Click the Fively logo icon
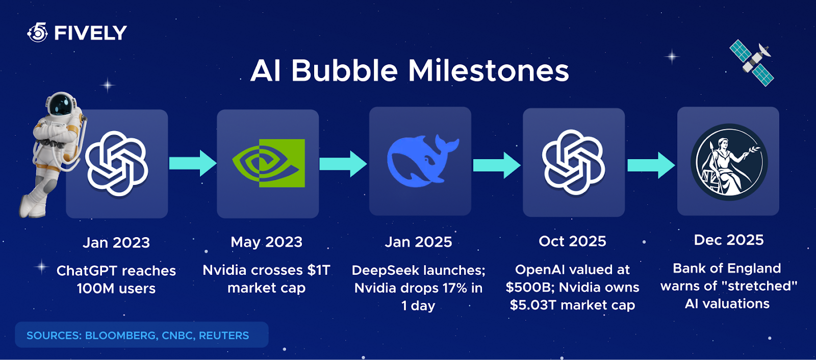point(38,33)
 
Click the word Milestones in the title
point(488,70)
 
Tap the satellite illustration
point(752,63)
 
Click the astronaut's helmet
point(61,104)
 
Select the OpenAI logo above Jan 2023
point(117,164)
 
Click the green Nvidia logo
point(268,163)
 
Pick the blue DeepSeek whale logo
point(422,162)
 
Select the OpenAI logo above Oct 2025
point(574,162)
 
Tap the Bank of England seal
point(729,162)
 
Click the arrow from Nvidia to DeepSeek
point(343,164)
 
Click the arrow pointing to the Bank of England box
point(651,165)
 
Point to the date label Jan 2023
point(116,243)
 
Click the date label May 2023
point(266,242)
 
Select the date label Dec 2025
point(729,240)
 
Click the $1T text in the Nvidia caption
point(319,270)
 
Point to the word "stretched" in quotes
point(760,286)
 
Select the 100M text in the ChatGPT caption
point(95,289)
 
